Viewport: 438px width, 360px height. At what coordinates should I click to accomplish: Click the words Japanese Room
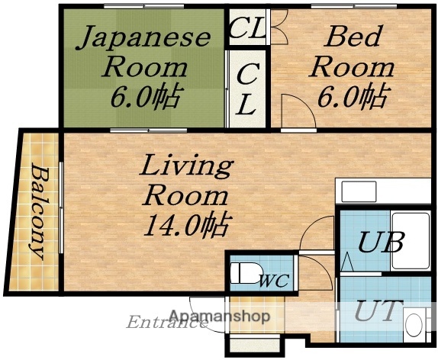coord(144,50)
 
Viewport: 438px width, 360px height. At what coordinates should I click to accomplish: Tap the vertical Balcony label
coord(35,209)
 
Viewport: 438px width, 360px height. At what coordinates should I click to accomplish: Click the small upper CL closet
coord(246,31)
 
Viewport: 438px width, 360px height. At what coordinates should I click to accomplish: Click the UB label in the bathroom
coord(382,244)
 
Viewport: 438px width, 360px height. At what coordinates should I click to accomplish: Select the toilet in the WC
coord(245,272)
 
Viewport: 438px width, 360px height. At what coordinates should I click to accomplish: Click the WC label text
coord(274,280)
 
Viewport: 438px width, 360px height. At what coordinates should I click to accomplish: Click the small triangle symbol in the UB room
coord(347,263)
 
